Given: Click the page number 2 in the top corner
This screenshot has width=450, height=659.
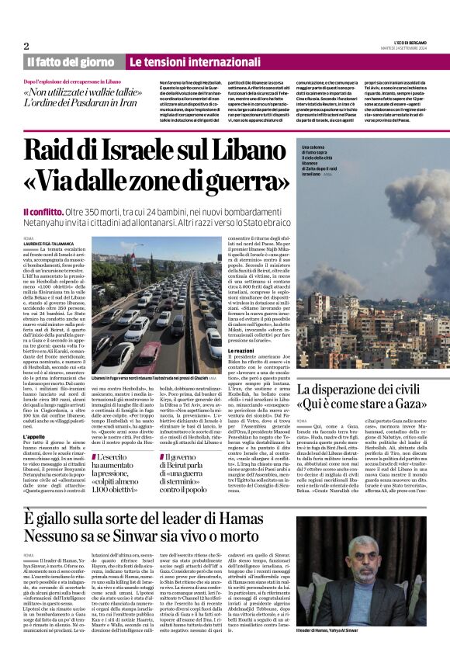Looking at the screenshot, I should click(x=26, y=46).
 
